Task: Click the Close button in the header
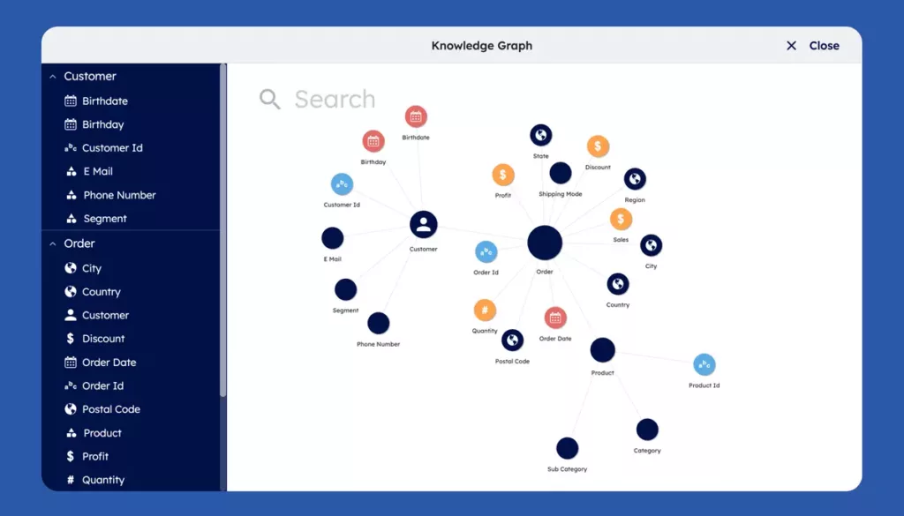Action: tap(813, 46)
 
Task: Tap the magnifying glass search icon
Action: tap(269, 99)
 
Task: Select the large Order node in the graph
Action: tap(545, 243)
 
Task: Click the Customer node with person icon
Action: tap(424, 224)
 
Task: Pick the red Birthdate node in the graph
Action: tap(416, 116)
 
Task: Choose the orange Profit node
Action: tap(503, 175)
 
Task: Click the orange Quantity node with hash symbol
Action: tap(485, 310)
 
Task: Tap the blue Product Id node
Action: tap(704, 364)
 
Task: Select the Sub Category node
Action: tap(567, 448)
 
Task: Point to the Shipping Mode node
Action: tap(561, 173)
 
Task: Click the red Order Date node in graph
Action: tap(555, 318)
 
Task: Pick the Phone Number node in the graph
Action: tap(379, 324)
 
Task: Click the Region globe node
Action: tap(635, 179)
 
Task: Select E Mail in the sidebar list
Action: tap(97, 171)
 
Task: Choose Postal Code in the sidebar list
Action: tap(110, 409)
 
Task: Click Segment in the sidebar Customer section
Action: tap(104, 219)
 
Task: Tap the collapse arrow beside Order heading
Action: tap(53, 243)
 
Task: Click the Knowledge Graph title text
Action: tap(481, 46)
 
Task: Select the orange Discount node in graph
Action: tap(598, 146)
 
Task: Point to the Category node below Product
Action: tap(647, 430)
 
